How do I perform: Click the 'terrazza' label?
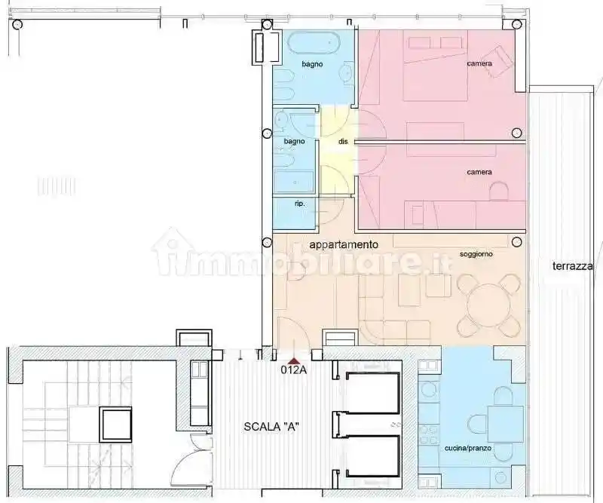[572, 266]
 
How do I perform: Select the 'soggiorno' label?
[476, 255]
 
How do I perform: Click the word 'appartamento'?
[343, 245]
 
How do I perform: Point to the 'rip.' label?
[288, 203]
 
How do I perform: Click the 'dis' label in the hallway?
[343, 141]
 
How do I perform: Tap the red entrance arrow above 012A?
[293, 360]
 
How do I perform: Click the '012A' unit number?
[293, 370]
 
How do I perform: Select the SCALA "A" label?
[272, 426]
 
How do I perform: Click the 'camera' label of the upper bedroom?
[479, 64]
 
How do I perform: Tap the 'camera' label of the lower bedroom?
[479, 173]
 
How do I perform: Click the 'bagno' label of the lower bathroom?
[295, 142]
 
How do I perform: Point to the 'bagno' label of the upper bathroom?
[312, 64]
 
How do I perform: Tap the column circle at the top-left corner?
[17, 24]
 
